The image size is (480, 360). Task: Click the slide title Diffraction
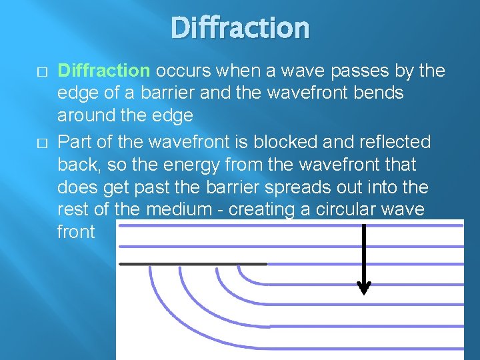[240, 28]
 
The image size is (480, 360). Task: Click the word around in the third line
[85, 115]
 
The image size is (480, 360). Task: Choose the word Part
[75, 142]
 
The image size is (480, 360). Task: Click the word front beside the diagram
[76, 232]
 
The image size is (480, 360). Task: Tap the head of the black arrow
[364, 288]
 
